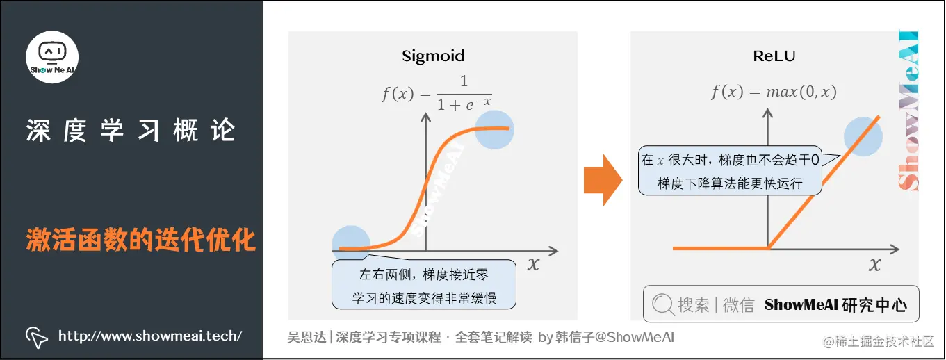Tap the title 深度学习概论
pos(131,131)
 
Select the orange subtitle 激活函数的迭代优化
pos(141,240)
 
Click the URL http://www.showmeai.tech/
pos(150,336)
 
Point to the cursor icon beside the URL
pos(36,336)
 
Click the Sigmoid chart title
pos(433,56)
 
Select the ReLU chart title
pos(774,56)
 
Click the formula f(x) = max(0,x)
pos(774,92)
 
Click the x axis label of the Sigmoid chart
pos(533,263)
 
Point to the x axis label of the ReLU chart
pos(874,264)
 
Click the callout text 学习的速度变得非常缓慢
pos(424,297)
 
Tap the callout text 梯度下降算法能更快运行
pos(730,183)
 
